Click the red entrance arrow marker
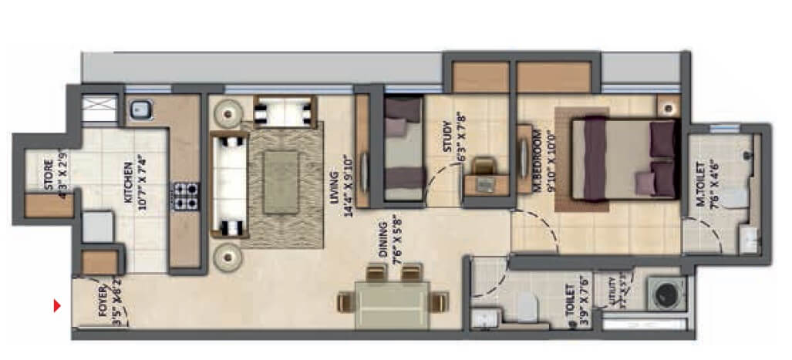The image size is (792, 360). (57, 306)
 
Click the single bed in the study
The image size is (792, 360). (403, 150)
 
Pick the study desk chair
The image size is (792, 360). (484, 166)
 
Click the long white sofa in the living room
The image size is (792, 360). (229, 183)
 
